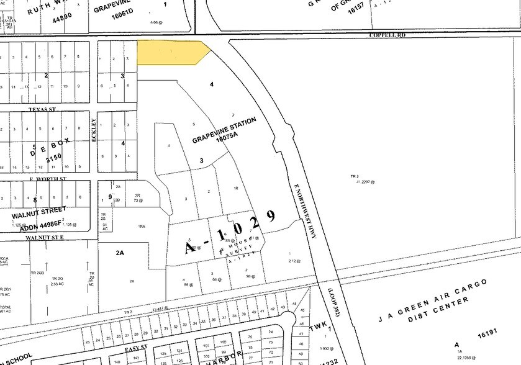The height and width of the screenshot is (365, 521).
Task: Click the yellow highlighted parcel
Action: click(171, 52)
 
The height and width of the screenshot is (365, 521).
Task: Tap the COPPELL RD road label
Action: click(387, 35)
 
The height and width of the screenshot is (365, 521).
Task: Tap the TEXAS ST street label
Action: click(42, 109)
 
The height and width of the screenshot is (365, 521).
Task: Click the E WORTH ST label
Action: click(47, 179)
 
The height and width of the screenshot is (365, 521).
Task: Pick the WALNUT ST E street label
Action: click(45, 237)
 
